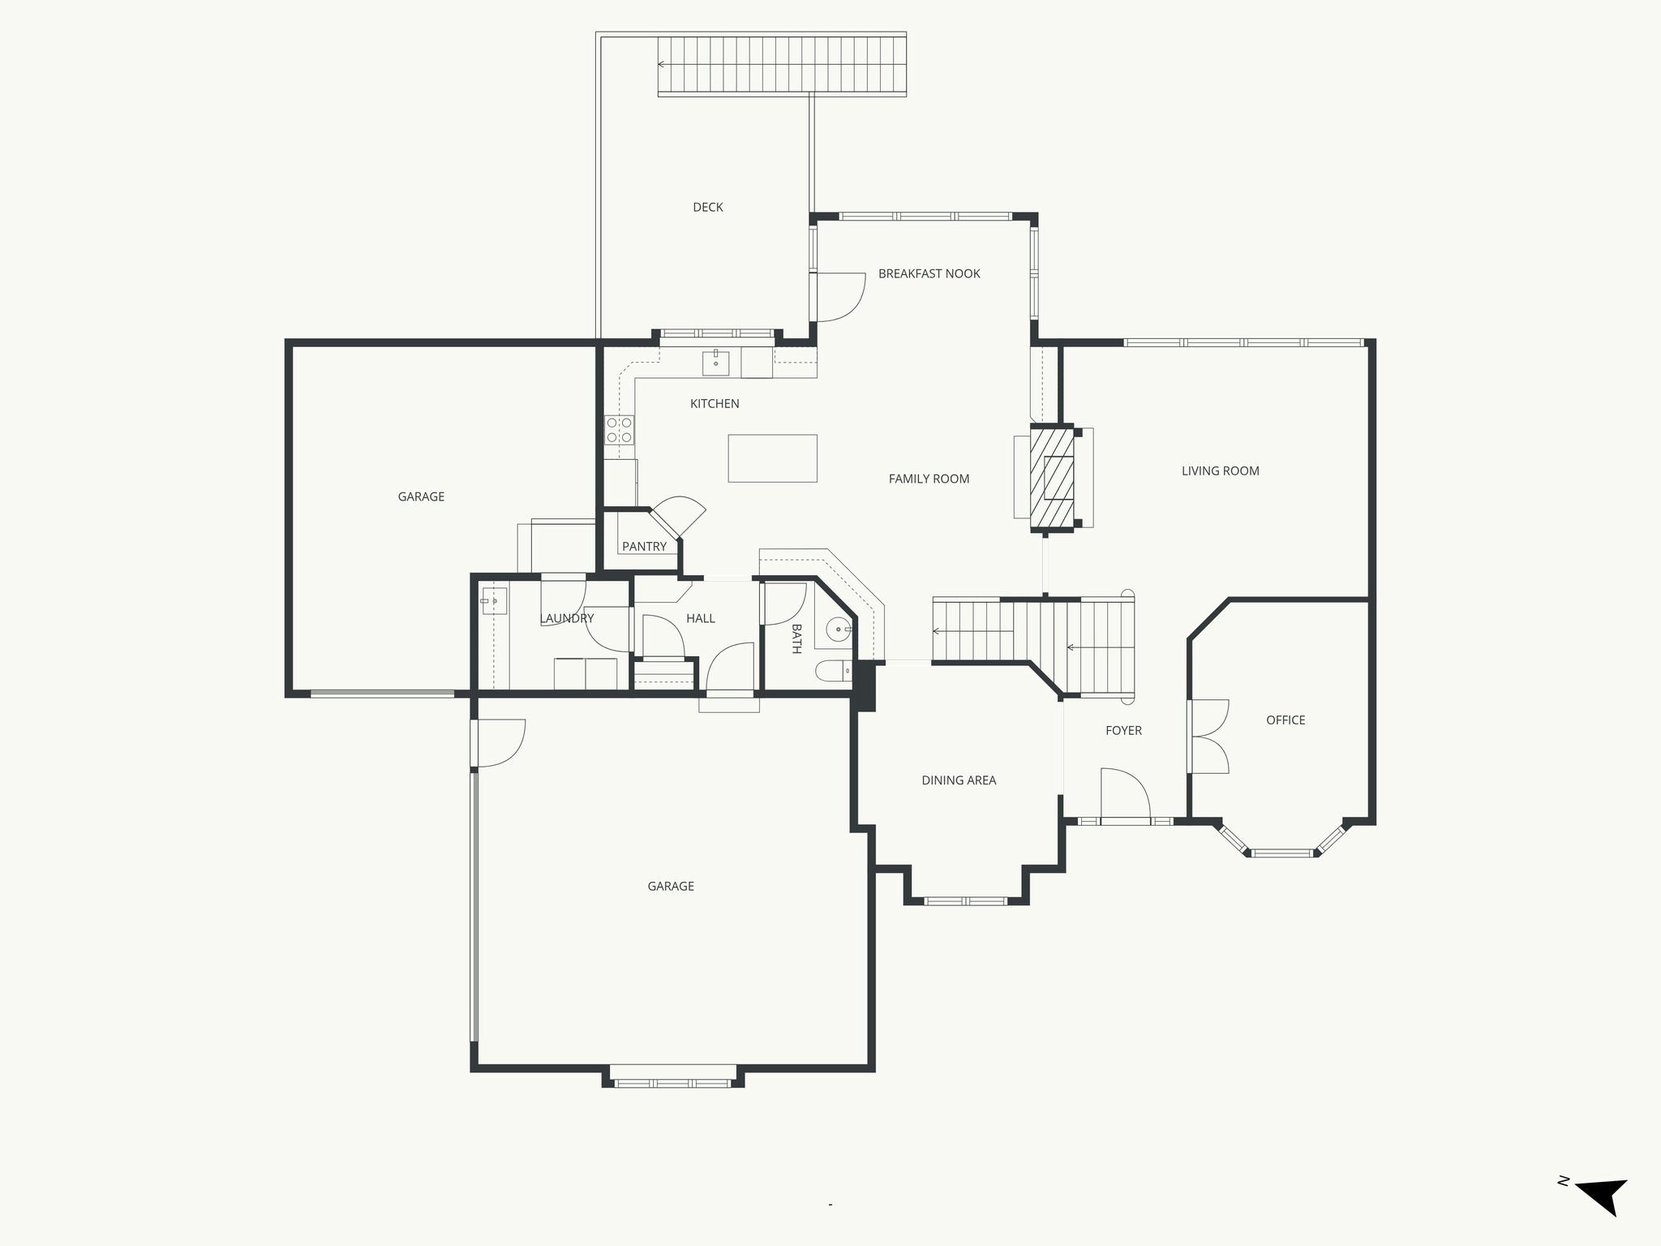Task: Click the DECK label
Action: [x=707, y=208]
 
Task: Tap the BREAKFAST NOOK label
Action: [x=929, y=274]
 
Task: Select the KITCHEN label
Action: [x=714, y=404]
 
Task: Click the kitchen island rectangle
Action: [x=772, y=458]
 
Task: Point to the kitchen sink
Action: [x=716, y=362]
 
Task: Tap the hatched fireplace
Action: [x=1053, y=479]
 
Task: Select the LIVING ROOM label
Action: [x=1220, y=471]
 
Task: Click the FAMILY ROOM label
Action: [x=929, y=479]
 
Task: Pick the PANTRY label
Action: [x=644, y=547]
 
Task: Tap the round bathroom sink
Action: [x=836, y=629]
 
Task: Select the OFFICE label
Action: [x=1285, y=720]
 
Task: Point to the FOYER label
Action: [x=1123, y=731]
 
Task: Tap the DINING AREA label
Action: [x=959, y=781]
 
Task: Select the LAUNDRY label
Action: [x=566, y=619]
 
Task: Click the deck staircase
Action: [x=781, y=65]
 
